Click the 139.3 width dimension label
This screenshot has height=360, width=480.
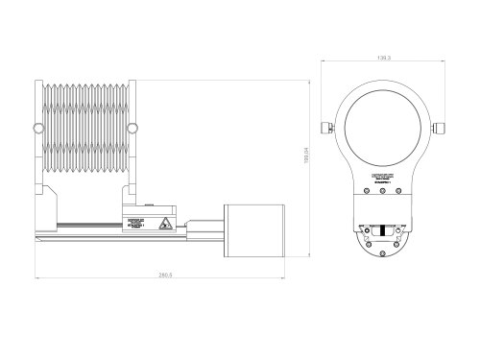pyautogui.click(x=382, y=59)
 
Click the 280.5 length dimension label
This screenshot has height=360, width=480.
pyautogui.click(x=165, y=276)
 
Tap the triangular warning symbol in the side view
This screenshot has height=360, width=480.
pyautogui.click(x=166, y=225)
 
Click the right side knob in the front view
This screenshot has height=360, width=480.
pyautogui.click(x=441, y=127)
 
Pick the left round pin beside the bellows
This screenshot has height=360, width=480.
pyautogui.click(x=37, y=128)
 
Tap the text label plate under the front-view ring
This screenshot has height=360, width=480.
pyautogui.click(x=382, y=179)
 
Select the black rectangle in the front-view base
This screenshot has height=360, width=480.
pyautogui.click(x=382, y=230)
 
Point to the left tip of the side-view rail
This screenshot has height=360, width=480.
pyautogui.click(x=36, y=231)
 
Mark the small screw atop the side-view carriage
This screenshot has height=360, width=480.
pyautogui.click(x=150, y=204)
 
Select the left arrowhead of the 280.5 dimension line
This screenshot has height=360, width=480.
pyautogui.click(x=36, y=280)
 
